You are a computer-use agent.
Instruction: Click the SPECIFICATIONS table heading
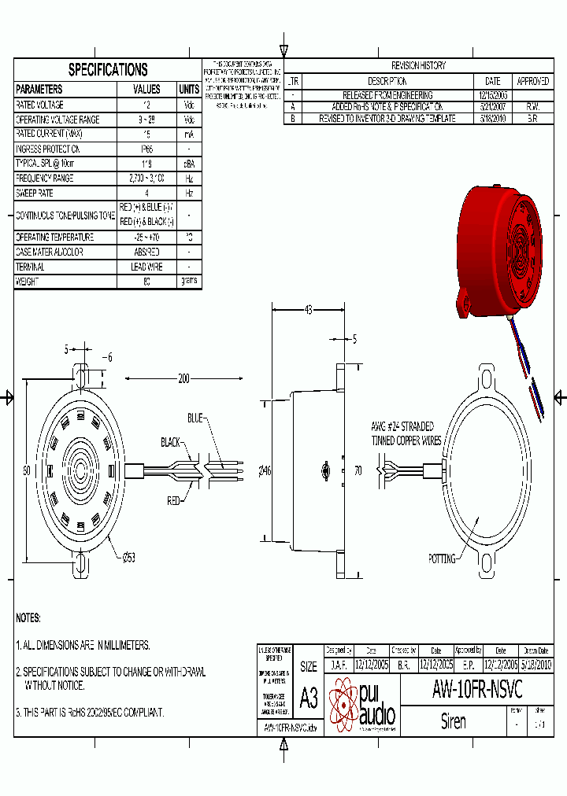coord(108,70)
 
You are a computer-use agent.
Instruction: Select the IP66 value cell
coord(146,149)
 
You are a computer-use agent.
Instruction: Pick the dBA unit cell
coord(189,164)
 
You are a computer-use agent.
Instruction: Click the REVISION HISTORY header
coord(418,66)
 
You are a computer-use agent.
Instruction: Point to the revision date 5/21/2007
coord(492,106)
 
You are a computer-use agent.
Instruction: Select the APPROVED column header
coord(532,81)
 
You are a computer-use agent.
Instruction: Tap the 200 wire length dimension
coord(183,379)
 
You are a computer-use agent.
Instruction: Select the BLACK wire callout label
coord(170,441)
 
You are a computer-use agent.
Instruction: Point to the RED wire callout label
coord(174,499)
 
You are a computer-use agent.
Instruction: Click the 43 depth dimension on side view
coord(308,310)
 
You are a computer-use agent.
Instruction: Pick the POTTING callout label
coord(442,559)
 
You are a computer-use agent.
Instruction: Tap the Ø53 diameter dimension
coord(128,558)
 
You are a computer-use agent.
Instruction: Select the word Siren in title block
coord(453,721)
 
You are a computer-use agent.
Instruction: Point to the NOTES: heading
coord(28,618)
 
